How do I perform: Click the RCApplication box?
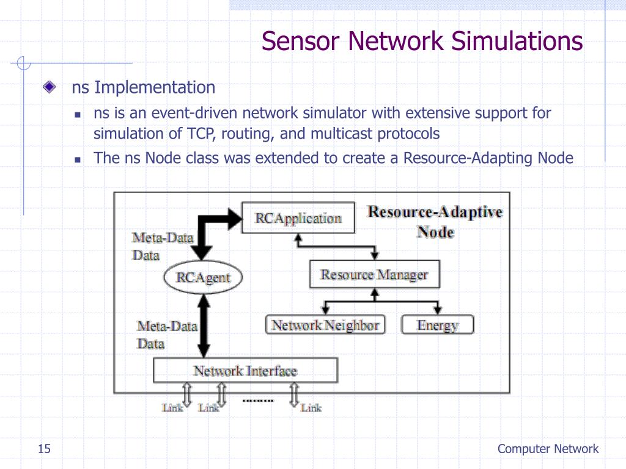click(298, 218)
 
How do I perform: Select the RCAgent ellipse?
click(203, 278)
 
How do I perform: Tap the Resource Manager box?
click(374, 275)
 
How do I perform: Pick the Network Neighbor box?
click(325, 325)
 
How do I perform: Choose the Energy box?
click(438, 325)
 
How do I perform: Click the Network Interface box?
click(245, 371)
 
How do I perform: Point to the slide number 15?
click(44, 449)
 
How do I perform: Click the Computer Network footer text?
click(548, 449)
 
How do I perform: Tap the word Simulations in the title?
click(517, 42)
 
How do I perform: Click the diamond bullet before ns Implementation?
click(50, 87)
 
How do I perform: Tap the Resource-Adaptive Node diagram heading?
click(435, 222)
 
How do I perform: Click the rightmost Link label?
click(311, 407)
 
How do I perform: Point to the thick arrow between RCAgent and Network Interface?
click(203, 324)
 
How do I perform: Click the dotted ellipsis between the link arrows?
click(258, 401)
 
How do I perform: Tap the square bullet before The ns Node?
click(78, 159)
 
